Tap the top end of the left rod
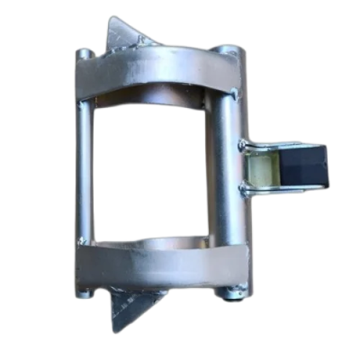84,54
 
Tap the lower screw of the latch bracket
243,189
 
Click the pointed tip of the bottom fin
115,329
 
